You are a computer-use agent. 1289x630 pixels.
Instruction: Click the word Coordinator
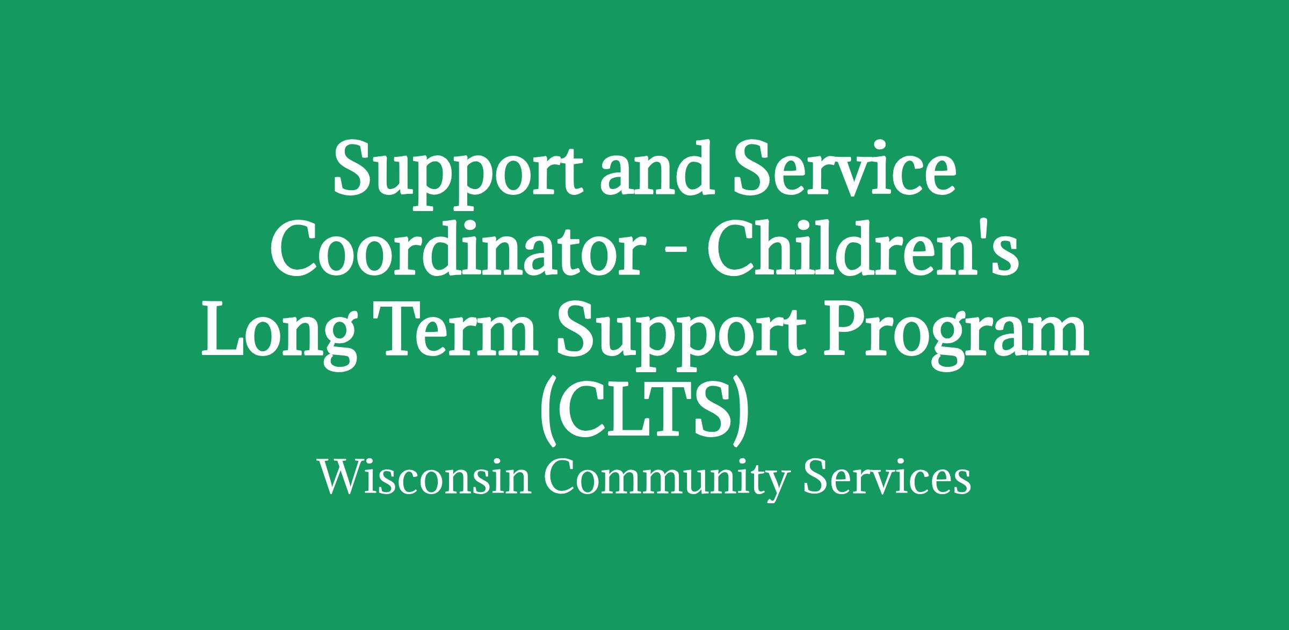click(456, 249)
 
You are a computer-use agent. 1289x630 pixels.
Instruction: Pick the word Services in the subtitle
click(887, 477)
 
